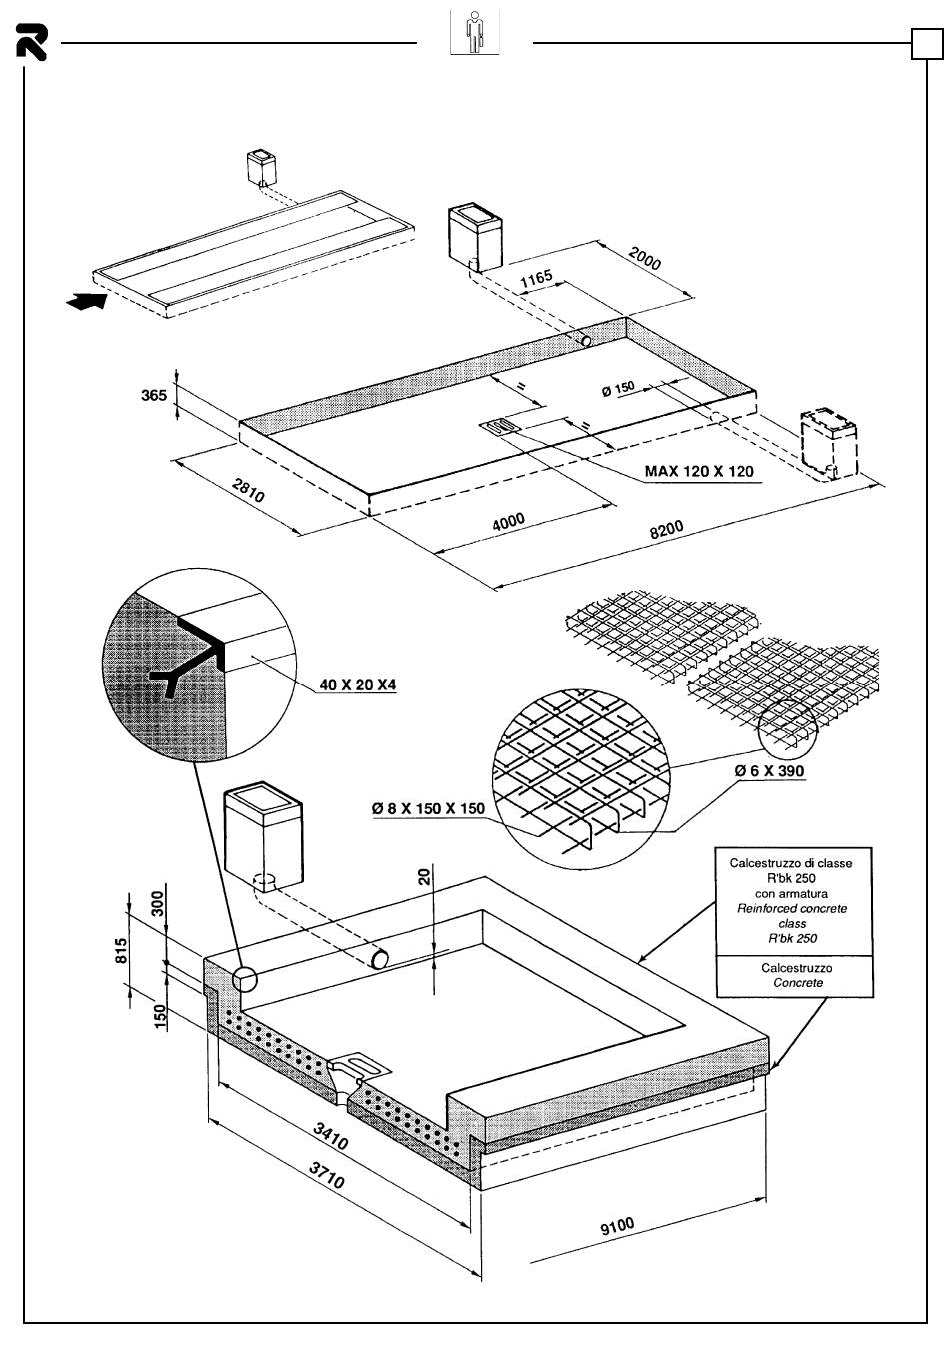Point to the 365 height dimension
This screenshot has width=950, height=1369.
(153, 395)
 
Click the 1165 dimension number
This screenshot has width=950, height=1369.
(536, 279)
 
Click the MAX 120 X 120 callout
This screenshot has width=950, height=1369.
(699, 471)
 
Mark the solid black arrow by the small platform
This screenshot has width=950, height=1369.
(84, 301)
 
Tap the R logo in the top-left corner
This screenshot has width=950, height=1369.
(31, 43)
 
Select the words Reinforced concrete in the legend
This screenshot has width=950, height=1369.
(792, 909)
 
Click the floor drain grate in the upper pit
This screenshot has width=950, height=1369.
(500, 428)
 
